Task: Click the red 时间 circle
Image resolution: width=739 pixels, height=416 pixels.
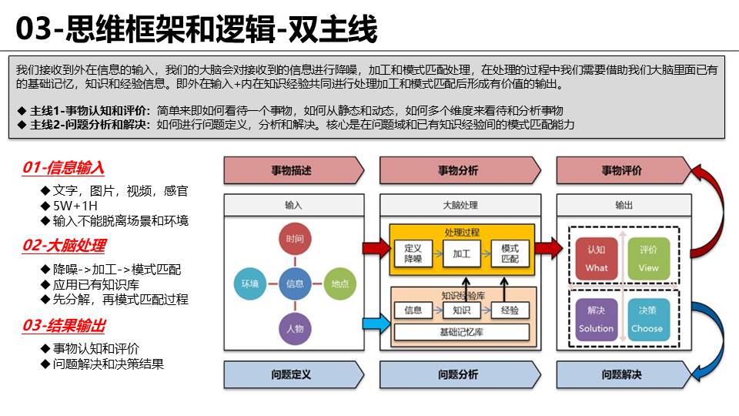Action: [294, 240]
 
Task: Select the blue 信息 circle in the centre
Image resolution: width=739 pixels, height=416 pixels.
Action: [294, 283]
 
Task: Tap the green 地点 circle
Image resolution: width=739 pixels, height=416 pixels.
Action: [339, 283]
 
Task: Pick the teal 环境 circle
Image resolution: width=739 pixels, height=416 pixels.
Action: [249, 283]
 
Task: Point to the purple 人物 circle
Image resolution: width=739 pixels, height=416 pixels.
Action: [294, 328]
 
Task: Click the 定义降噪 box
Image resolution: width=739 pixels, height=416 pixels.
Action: [413, 253]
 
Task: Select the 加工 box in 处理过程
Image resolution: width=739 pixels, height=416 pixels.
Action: [462, 253]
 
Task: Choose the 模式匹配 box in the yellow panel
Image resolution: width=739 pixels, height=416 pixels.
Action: [510, 253]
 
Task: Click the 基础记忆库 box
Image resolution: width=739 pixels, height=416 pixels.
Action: [462, 333]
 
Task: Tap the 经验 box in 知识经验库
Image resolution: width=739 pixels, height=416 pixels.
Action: [510, 310]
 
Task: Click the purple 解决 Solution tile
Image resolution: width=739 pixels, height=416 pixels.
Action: [597, 320]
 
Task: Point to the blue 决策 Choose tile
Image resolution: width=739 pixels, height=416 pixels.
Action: [648, 320]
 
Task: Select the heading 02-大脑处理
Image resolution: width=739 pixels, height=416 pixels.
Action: [64, 246]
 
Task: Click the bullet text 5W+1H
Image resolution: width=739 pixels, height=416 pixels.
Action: [75, 206]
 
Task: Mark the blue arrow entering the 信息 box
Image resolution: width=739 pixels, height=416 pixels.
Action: [375, 323]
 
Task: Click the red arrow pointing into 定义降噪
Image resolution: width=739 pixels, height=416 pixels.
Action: [375, 248]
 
